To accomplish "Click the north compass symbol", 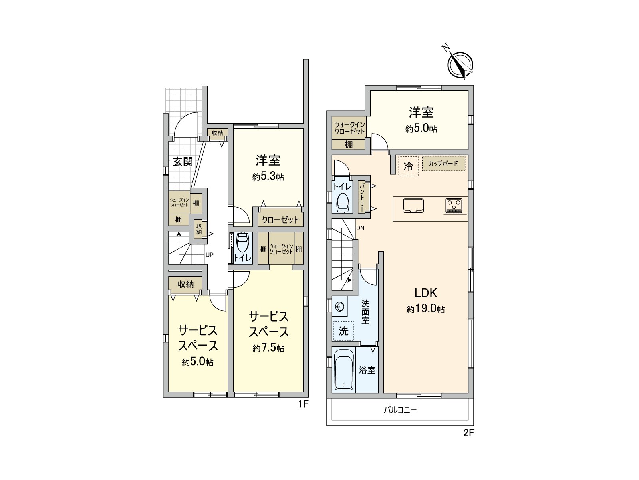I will (x=461, y=64).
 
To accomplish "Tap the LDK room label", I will (x=425, y=293).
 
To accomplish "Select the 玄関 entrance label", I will (x=183, y=162).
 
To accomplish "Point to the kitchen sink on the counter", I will (x=413, y=206).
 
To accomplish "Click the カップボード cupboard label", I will (x=443, y=164).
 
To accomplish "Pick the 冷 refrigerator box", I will (x=408, y=166).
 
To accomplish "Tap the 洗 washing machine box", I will (x=343, y=331).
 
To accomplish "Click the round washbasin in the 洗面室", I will (x=340, y=307).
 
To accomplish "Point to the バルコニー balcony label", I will (x=400, y=410).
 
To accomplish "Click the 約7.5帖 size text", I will (x=268, y=348).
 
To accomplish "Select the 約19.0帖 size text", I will (x=425, y=309).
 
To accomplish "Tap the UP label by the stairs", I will (x=209, y=255).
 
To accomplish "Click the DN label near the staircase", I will (x=360, y=228).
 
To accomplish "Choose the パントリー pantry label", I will (x=362, y=197).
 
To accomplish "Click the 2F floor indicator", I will (x=468, y=433).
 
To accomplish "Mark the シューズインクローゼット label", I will (x=179, y=202).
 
